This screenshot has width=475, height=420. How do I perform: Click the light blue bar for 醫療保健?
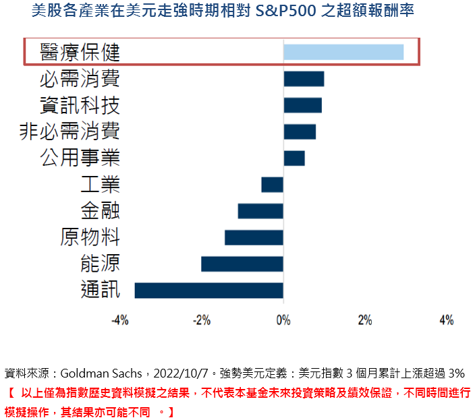[343, 52]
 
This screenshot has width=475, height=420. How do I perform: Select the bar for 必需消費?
[304, 79]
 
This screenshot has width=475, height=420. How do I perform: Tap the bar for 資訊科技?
[302, 105]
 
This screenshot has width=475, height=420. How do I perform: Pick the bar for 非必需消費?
[300, 131]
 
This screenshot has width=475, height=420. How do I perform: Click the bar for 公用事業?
[294, 158]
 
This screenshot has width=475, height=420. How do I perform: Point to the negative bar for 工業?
[273, 184]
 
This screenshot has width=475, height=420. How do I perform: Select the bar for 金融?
[260, 211]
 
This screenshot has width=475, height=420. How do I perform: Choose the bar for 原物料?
[254, 237]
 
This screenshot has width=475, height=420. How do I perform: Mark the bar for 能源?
[242, 264]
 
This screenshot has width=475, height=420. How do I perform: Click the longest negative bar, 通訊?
[209, 290]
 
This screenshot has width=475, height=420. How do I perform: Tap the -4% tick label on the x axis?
[119, 320]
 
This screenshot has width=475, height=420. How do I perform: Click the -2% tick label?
[202, 320]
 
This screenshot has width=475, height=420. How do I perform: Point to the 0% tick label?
[283, 320]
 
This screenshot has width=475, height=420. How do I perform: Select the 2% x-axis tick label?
[365, 320]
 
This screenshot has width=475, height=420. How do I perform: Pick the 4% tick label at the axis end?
[447, 320]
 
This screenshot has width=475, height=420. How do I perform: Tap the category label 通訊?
[101, 290]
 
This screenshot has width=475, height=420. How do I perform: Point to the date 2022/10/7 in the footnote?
[181, 373]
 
